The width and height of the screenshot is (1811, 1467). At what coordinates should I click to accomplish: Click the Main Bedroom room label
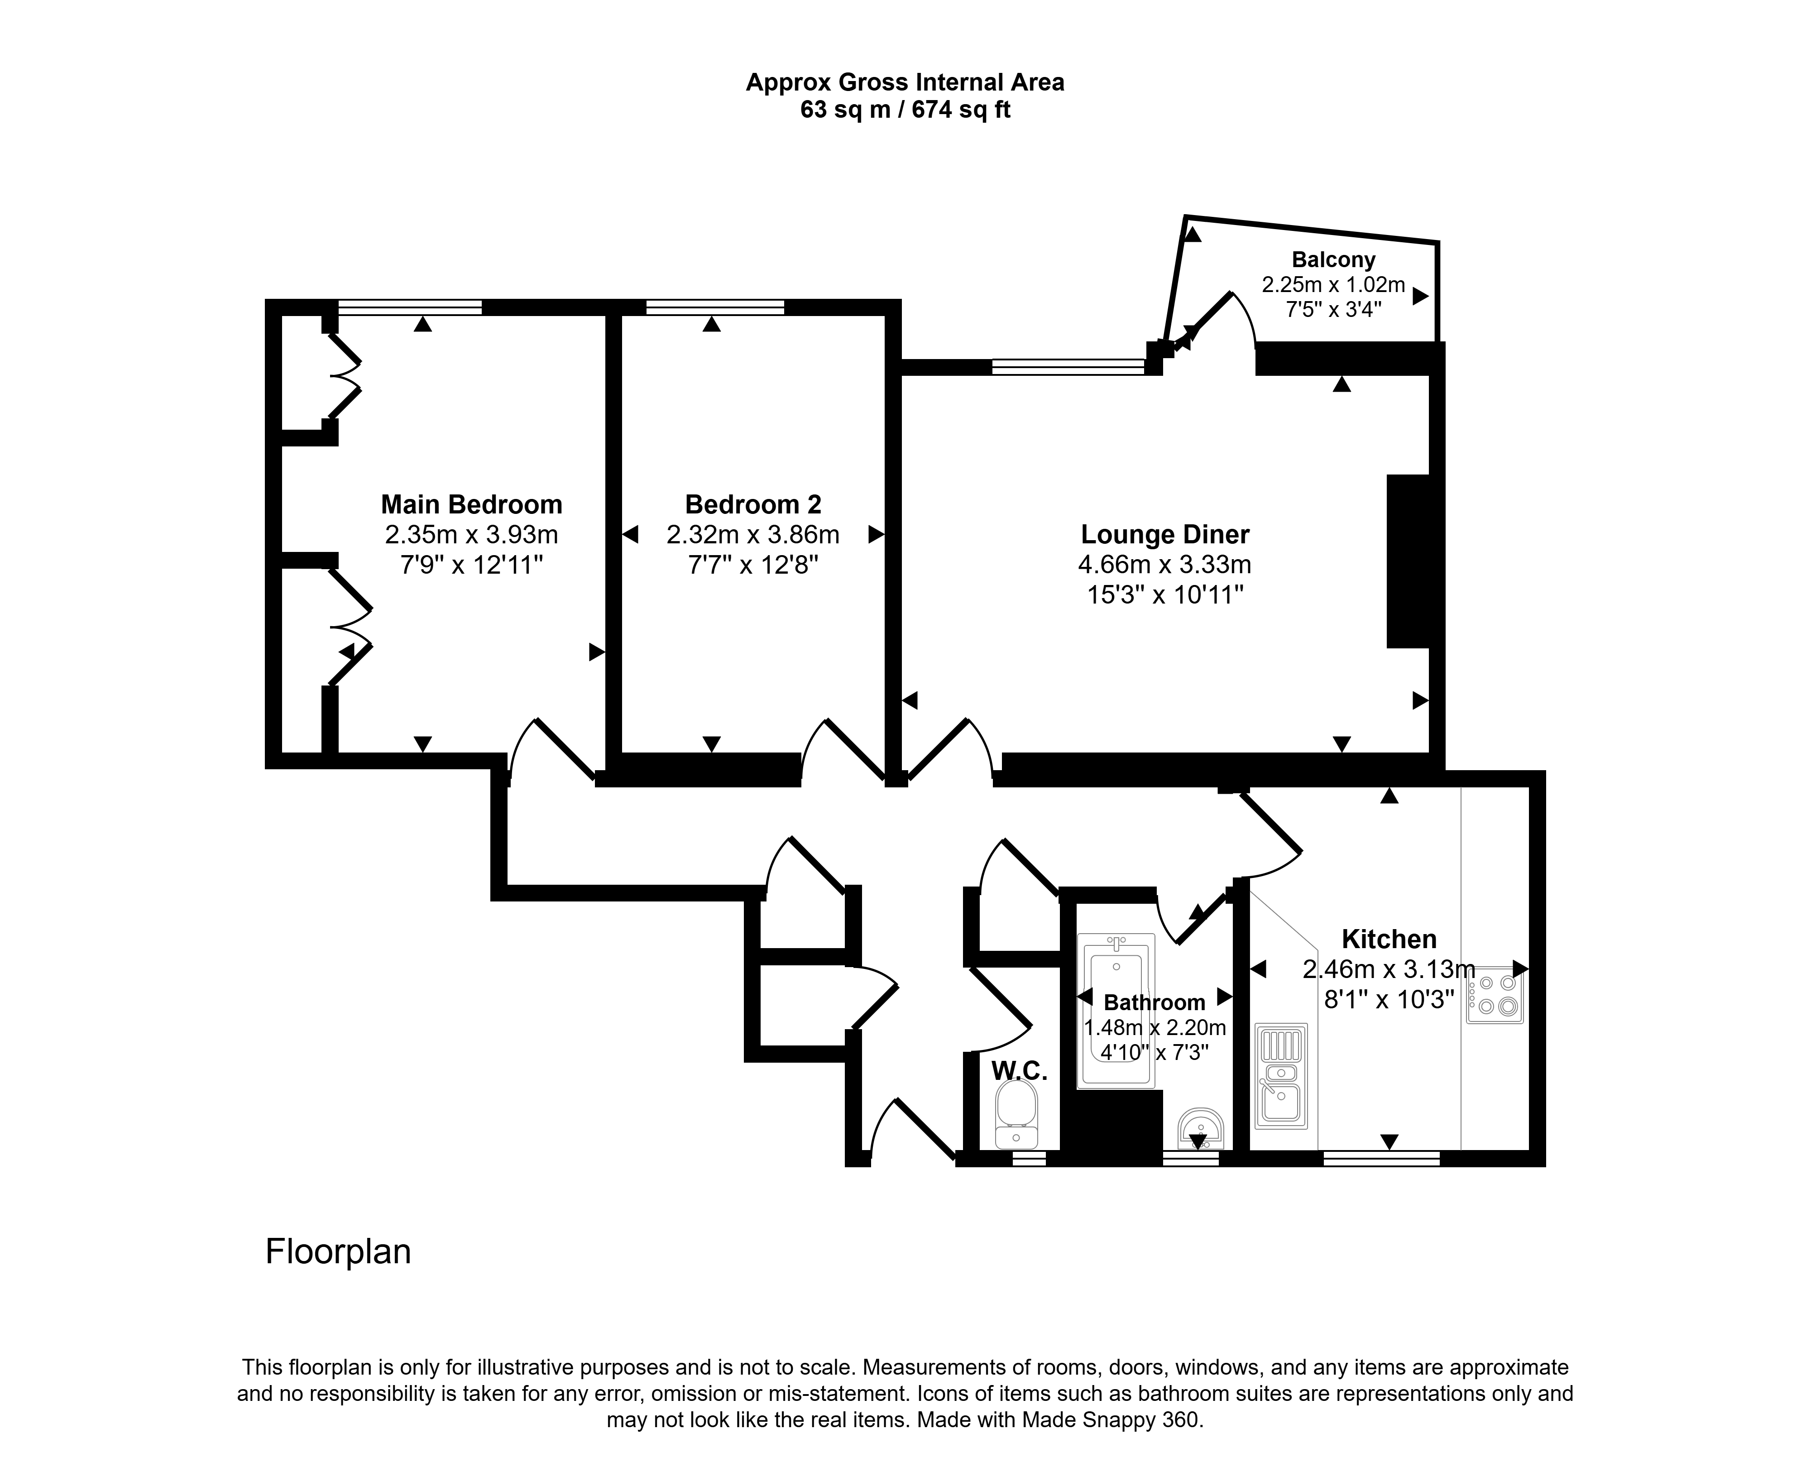(x=472, y=504)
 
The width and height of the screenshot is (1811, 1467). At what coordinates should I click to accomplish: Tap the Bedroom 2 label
(x=753, y=504)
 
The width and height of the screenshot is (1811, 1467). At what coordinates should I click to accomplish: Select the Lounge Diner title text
(x=1165, y=534)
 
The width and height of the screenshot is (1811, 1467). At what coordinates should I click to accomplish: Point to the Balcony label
(x=1333, y=259)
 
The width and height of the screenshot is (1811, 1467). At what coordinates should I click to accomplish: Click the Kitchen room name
(x=1389, y=939)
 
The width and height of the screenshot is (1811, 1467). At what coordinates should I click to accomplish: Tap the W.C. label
(x=1019, y=1071)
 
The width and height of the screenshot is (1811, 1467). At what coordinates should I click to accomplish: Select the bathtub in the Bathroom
(x=1116, y=1010)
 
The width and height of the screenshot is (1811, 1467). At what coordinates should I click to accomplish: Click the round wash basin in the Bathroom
(x=1200, y=1128)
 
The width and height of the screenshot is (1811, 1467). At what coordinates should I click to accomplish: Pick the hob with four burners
(x=1495, y=996)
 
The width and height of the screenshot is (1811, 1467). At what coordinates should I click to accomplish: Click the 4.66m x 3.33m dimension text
(x=1165, y=565)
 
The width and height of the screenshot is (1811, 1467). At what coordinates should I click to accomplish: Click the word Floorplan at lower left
(x=338, y=1251)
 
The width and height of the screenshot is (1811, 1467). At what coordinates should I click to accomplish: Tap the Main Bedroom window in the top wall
(x=411, y=307)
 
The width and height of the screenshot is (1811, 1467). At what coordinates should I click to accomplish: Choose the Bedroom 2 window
(x=715, y=307)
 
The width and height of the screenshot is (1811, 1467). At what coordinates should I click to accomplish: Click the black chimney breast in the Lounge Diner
(x=1408, y=561)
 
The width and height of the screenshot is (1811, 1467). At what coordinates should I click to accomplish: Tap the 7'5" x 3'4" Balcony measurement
(x=1333, y=309)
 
